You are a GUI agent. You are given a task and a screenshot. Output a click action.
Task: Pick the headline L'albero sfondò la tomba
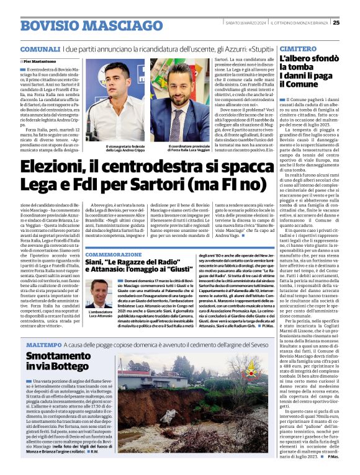pyautogui.click(x=305, y=64)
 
